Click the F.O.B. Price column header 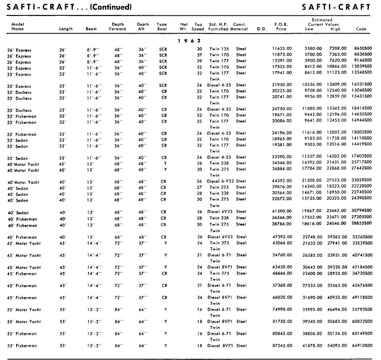281,27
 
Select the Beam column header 91,29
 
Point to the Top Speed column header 198,27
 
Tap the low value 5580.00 313,49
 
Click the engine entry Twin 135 219,49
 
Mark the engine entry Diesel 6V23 221,212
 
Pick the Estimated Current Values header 322,22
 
